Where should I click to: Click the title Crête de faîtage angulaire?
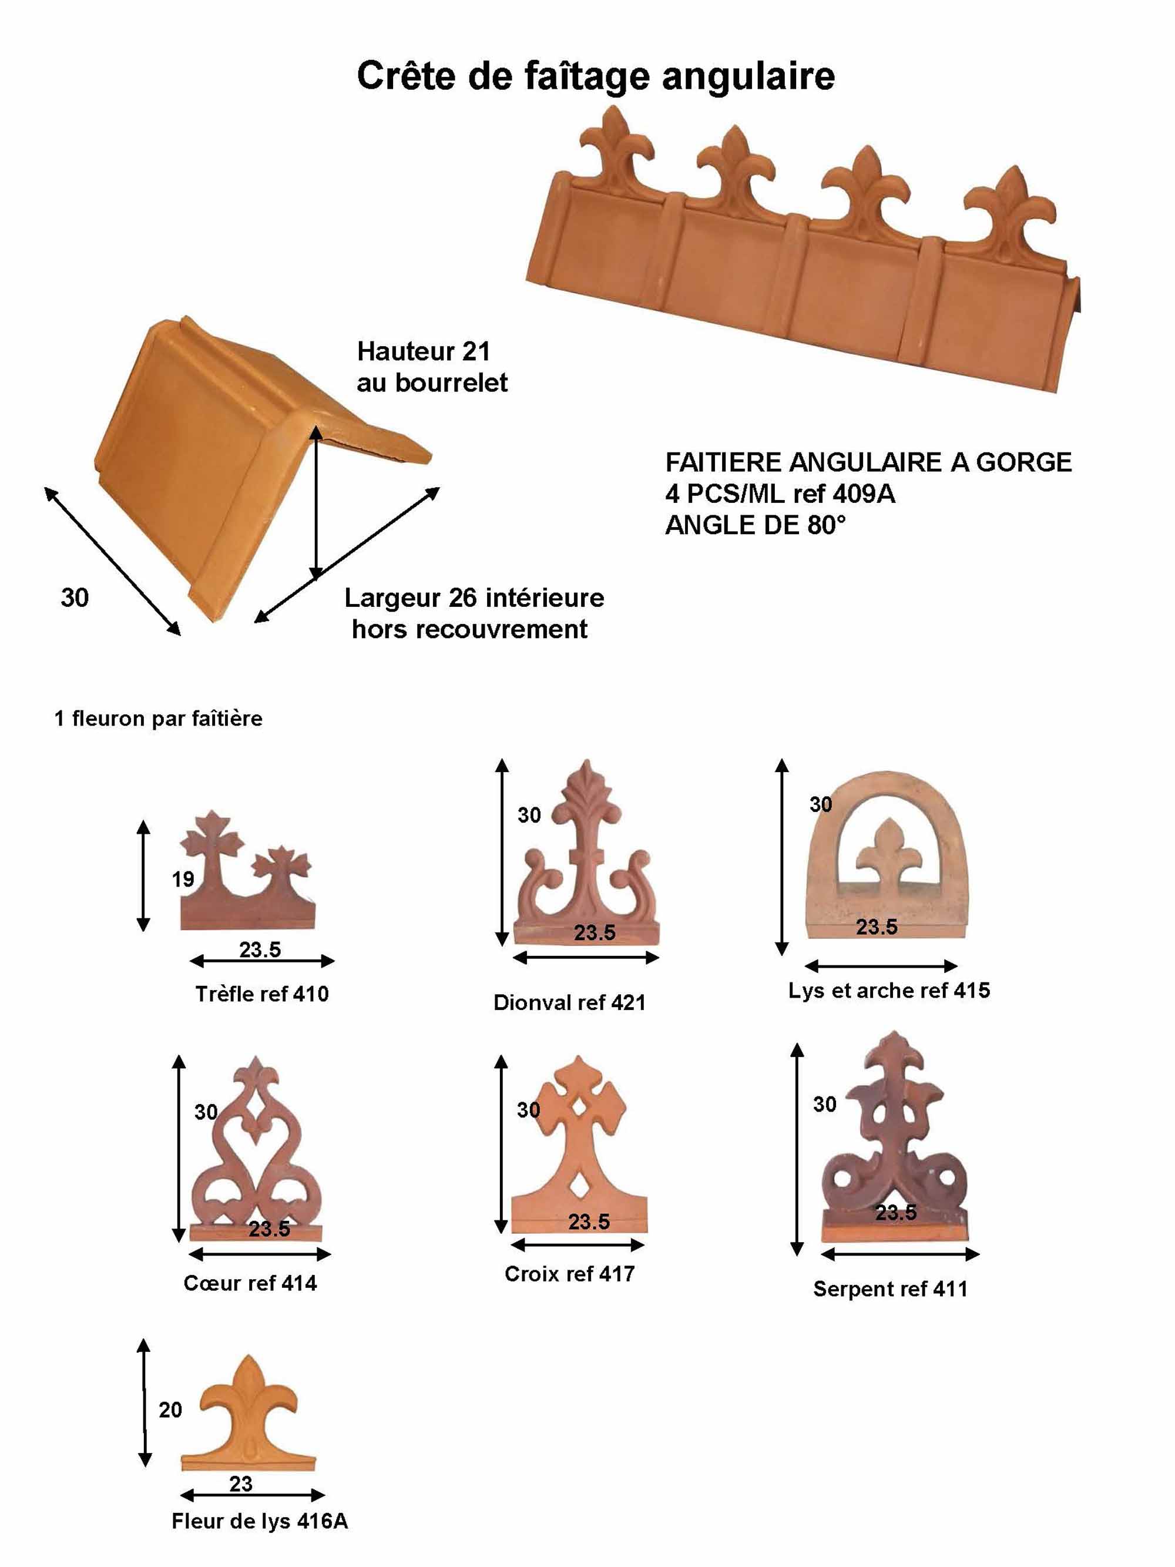click(595, 76)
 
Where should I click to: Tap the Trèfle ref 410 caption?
click(261, 994)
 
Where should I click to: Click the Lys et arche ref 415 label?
click(888, 991)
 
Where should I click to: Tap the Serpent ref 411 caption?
click(889, 1289)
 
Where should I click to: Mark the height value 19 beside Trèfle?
click(183, 880)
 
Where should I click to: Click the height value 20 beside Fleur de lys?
click(170, 1410)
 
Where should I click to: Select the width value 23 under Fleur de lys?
click(241, 1484)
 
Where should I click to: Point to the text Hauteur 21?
click(423, 351)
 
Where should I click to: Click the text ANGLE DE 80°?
click(755, 525)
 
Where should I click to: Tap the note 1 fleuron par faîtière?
click(158, 719)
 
